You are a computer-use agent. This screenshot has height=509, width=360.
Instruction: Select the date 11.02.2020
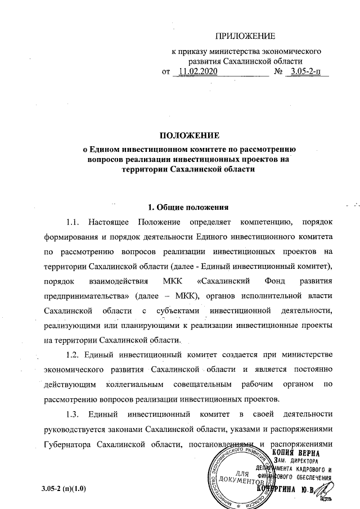(x=197, y=72)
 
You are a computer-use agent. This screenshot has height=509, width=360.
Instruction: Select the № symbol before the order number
(x=277, y=72)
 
